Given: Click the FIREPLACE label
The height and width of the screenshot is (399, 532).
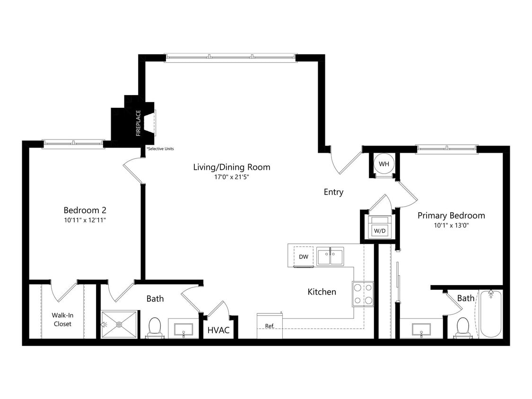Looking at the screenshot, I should click(x=139, y=123).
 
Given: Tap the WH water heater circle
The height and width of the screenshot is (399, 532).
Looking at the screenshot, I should click(x=383, y=164).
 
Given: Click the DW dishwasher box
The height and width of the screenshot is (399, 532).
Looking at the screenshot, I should click(x=304, y=257).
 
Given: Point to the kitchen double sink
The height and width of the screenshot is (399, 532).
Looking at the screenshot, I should click(x=330, y=257).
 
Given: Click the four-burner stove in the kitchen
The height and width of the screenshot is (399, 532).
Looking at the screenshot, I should click(x=363, y=294).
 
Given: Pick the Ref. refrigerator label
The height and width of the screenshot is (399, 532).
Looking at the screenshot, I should click(x=270, y=326).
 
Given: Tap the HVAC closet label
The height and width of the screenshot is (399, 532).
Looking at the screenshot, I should click(x=218, y=330).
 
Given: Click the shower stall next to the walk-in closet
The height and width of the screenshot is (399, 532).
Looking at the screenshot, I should click(x=119, y=324).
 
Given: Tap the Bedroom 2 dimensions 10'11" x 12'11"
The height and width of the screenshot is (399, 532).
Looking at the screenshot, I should click(x=85, y=220).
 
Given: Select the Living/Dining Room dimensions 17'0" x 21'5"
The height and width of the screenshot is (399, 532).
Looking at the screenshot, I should click(x=232, y=178).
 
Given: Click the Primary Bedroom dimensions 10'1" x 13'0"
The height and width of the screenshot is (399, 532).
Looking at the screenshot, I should click(x=451, y=226).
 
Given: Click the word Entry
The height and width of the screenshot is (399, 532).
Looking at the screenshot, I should click(x=333, y=192).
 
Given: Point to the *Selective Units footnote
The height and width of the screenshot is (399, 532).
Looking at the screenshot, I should click(x=160, y=149).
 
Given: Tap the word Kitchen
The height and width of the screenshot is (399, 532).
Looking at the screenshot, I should click(x=322, y=292).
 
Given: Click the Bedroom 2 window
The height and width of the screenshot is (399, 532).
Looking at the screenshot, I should click(x=73, y=144).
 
